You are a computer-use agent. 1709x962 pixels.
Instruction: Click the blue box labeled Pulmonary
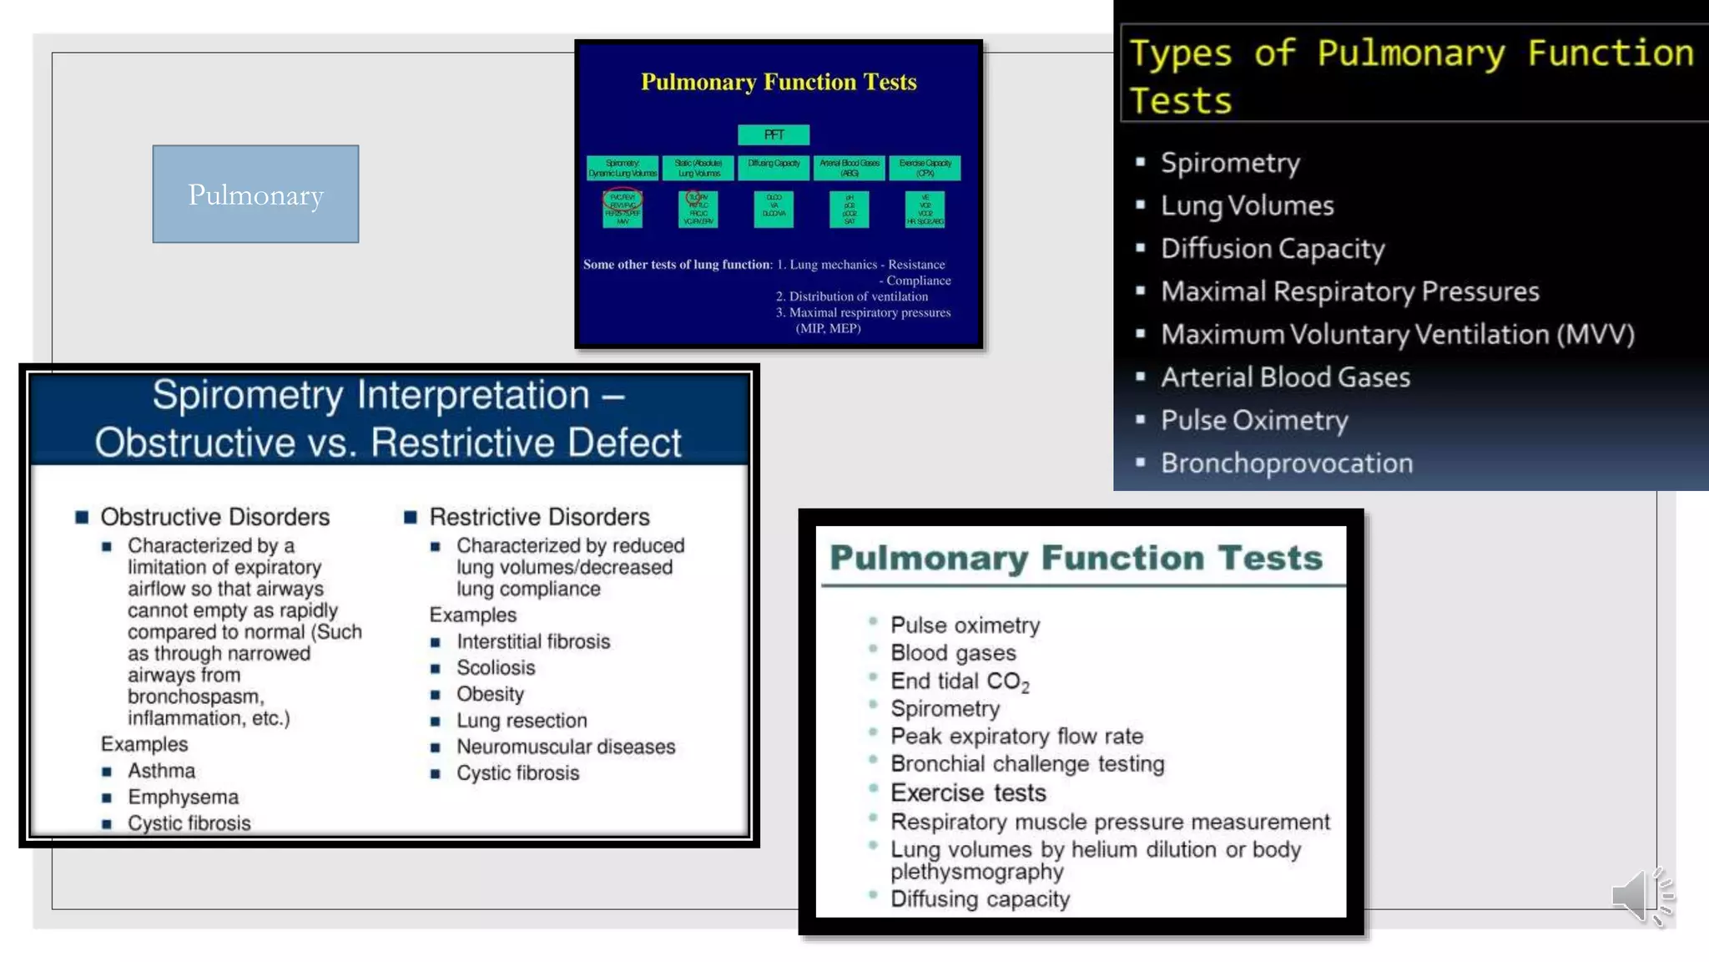(255, 195)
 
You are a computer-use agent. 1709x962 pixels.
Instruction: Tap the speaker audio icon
(1641, 896)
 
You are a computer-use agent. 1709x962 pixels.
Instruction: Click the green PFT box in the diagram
(774, 134)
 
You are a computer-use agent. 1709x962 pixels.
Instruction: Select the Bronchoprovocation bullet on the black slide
(1286, 463)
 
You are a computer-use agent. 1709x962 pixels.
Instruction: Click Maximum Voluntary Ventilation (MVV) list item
(1397, 335)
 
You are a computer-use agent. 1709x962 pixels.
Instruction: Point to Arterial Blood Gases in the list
(1285, 377)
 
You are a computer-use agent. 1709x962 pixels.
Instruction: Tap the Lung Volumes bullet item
(1247, 205)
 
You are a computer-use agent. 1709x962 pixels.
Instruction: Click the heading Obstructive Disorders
(214, 517)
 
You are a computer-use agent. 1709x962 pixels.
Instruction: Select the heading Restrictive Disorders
(539, 517)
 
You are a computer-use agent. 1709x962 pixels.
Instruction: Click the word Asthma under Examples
(161, 771)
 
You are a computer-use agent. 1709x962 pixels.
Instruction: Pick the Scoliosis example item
(496, 668)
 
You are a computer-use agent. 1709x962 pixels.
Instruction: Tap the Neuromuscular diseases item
(566, 747)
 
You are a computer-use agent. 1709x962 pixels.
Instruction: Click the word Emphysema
(183, 797)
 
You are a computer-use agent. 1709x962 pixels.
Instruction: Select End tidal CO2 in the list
(959, 681)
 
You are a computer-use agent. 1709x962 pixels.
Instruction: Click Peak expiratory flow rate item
(1016, 737)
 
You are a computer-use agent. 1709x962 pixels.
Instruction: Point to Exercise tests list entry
(968, 792)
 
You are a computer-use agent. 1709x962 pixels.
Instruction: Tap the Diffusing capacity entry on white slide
(980, 899)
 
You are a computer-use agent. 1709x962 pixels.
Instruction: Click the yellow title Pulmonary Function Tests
(779, 82)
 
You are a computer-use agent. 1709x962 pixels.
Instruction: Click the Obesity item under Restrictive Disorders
(490, 695)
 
